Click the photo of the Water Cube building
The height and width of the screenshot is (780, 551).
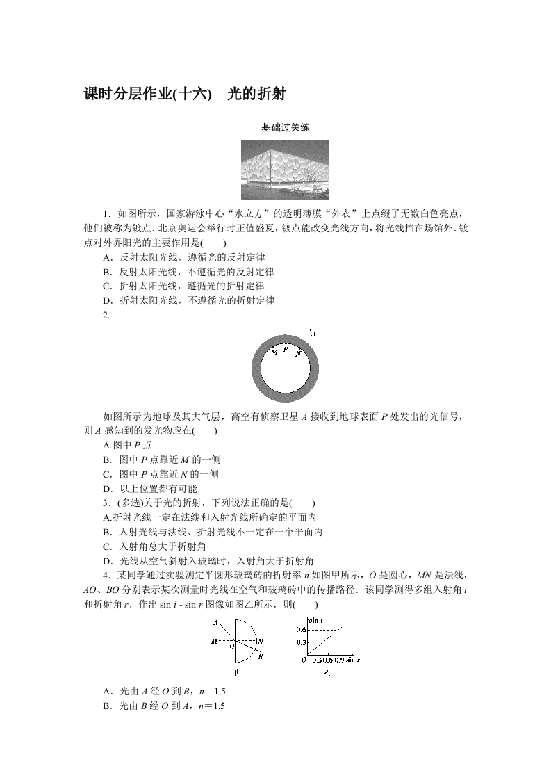285,170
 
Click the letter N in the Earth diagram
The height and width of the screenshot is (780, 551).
297,354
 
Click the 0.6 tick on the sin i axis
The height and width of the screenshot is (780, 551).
301,630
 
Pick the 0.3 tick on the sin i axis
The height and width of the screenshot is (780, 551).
301,643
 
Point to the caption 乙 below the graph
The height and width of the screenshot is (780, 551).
326,674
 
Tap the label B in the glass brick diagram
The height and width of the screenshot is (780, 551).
259,656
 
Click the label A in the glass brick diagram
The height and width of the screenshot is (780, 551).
216,622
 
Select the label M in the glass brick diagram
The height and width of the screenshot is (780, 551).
213,641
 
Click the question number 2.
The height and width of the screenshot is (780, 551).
106,316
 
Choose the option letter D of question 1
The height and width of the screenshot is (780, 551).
106,300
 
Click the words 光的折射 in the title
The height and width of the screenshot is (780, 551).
257,94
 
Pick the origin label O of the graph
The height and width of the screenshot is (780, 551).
304,659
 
